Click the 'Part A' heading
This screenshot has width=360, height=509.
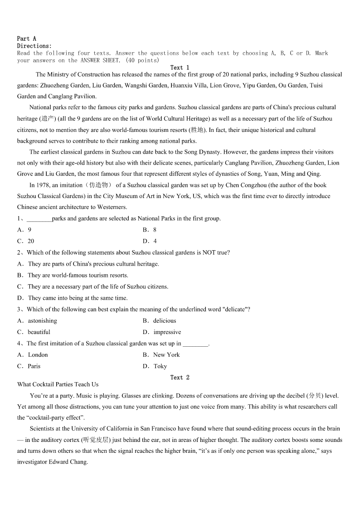(x=26, y=39)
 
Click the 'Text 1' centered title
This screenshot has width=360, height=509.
(x=180, y=68)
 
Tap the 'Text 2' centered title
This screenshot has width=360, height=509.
(x=180, y=378)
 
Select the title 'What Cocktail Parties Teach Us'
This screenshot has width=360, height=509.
(x=58, y=384)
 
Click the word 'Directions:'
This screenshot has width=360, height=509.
(x=34, y=46)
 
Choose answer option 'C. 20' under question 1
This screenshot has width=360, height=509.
(x=25, y=241)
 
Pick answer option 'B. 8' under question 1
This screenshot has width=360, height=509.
(x=150, y=230)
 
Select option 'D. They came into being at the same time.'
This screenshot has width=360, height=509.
(x=73, y=298)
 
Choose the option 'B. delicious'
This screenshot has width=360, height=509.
(x=159, y=320)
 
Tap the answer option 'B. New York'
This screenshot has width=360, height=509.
(x=161, y=354)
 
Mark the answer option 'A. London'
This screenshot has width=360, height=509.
(x=32, y=354)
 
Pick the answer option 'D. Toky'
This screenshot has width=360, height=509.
(x=155, y=366)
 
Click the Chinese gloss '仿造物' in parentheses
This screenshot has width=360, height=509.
(x=97, y=185)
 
